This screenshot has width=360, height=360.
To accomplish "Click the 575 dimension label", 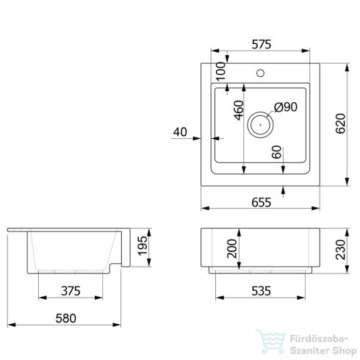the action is (x=262, y=44).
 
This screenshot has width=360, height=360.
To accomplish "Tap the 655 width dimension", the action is (x=262, y=203).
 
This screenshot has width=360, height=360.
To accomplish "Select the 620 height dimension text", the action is (x=340, y=123).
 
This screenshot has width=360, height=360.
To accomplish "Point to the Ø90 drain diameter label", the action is (x=286, y=107).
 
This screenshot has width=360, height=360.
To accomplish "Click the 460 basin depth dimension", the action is (x=240, y=110).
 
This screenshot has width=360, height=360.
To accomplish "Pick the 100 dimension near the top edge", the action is (x=221, y=71).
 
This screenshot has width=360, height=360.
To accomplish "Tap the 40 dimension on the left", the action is (x=180, y=132).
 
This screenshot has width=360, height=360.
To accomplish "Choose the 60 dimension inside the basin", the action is (x=277, y=152).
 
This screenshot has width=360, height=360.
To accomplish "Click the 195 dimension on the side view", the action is (x=143, y=246).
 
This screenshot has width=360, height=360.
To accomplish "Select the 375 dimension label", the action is (x=71, y=291).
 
